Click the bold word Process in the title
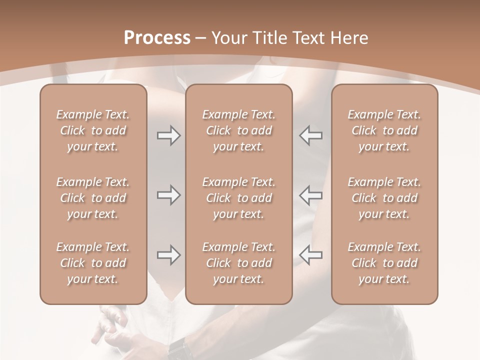tap(157, 38)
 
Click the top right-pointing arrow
tap(168, 135)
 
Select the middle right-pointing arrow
tap(168, 195)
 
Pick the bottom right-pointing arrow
tap(168, 255)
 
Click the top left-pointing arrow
tap(311, 135)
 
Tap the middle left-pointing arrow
tap(311, 195)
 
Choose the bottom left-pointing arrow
tap(311, 255)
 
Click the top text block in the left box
tap(93, 130)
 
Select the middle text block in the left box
tap(93, 198)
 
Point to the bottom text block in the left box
tap(93, 263)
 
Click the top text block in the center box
tap(239, 130)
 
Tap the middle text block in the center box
tap(239, 198)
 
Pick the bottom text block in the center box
tap(239, 263)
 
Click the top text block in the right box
tap(384, 130)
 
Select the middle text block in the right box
tap(384, 198)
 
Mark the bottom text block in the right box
tap(384, 263)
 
